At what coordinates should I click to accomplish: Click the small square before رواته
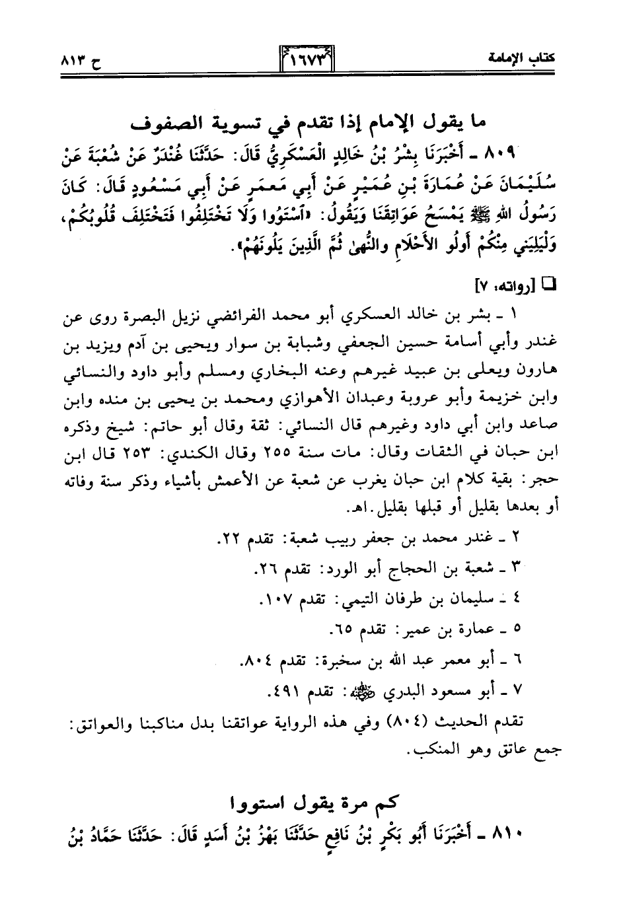point(549,285)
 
